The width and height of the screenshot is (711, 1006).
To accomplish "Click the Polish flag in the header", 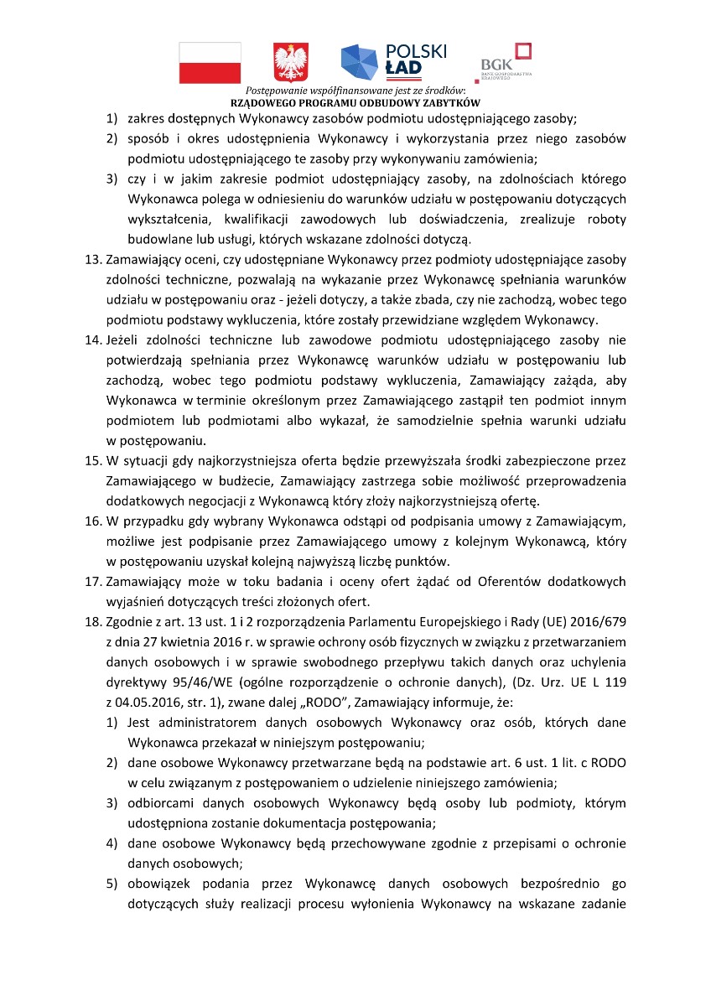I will coord(210,63).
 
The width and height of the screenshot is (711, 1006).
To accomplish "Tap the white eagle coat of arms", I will coord(291,63).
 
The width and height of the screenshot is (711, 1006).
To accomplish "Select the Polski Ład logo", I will coord(393,60).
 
